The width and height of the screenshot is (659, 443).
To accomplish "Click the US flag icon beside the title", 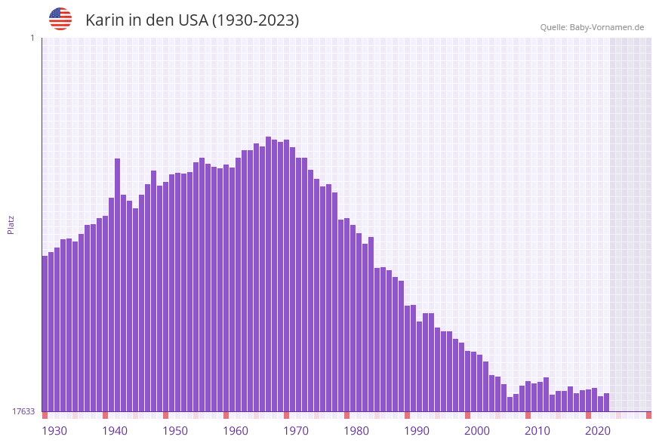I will pyautogui.click(x=60, y=19).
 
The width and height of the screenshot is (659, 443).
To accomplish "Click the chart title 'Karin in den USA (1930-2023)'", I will pyautogui.click(x=192, y=20).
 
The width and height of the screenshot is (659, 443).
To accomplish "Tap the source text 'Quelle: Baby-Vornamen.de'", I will pyautogui.click(x=592, y=27).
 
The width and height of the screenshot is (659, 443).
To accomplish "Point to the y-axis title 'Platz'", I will pyautogui.click(x=11, y=224).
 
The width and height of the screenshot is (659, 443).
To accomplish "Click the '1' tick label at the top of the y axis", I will pyautogui.click(x=32, y=38).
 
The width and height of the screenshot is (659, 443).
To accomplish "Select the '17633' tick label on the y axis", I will pyautogui.click(x=23, y=411).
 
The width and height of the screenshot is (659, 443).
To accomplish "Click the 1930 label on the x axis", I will pyautogui.click(x=54, y=431).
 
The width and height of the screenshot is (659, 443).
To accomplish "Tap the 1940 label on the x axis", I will pyautogui.click(x=115, y=431).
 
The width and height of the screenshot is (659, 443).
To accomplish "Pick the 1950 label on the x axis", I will pyautogui.click(x=175, y=431).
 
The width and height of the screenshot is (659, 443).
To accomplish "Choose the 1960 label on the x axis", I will pyautogui.click(x=236, y=431).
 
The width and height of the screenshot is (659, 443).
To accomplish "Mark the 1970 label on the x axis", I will pyautogui.click(x=296, y=431).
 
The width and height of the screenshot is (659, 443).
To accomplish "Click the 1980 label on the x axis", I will pyautogui.click(x=356, y=431).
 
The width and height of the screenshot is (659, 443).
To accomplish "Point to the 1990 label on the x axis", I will pyautogui.click(x=417, y=431).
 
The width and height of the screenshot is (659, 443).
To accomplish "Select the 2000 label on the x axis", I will pyautogui.click(x=477, y=431).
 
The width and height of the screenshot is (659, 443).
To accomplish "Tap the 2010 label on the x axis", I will pyautogui.click(x=537, y=431).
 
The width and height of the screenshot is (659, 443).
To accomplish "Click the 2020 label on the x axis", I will pyautogui.click(x=598, y=431).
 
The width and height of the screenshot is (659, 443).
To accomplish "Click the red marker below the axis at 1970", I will pyautogui.click(x=286, y=415).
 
